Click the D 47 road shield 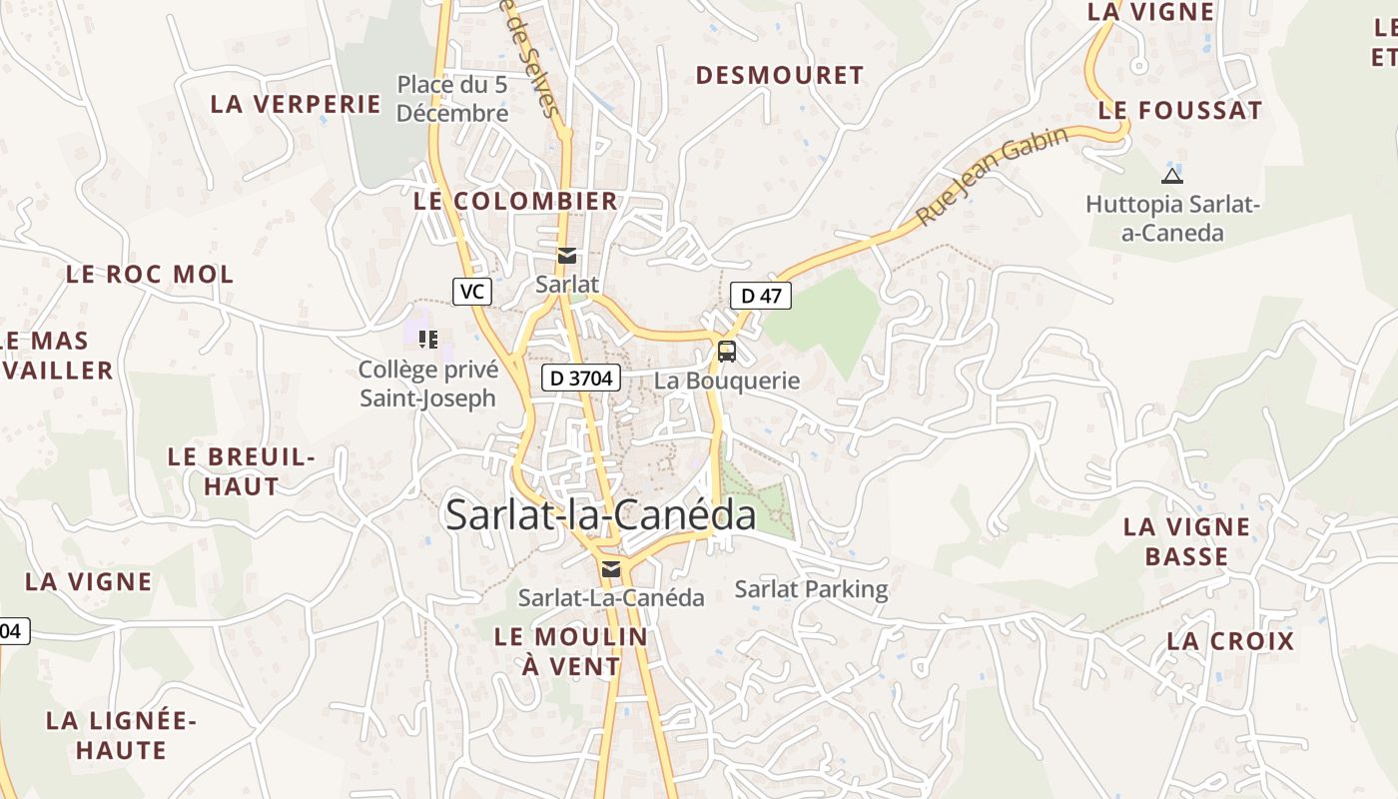[761, 296]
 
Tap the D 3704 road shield [581, 378]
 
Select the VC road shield [472, 292]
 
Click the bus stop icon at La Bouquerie [727, 352]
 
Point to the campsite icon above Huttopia [1172, 177]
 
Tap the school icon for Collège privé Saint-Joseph [428, 340]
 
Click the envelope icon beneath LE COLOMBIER [567, 256]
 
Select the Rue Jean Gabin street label [993, 175]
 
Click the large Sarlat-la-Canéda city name [601, 515]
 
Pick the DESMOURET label [780, 75]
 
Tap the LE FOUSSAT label [1180, 111]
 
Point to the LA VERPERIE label [296, 104]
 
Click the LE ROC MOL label [150, 274]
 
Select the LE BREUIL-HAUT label [241, 471]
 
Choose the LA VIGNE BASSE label [1186, 541]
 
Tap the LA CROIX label [1230, 641]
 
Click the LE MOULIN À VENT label [571, 650]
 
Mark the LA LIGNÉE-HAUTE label [122, 735]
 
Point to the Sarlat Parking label [811, 589]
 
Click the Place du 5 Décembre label [452, 99]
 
